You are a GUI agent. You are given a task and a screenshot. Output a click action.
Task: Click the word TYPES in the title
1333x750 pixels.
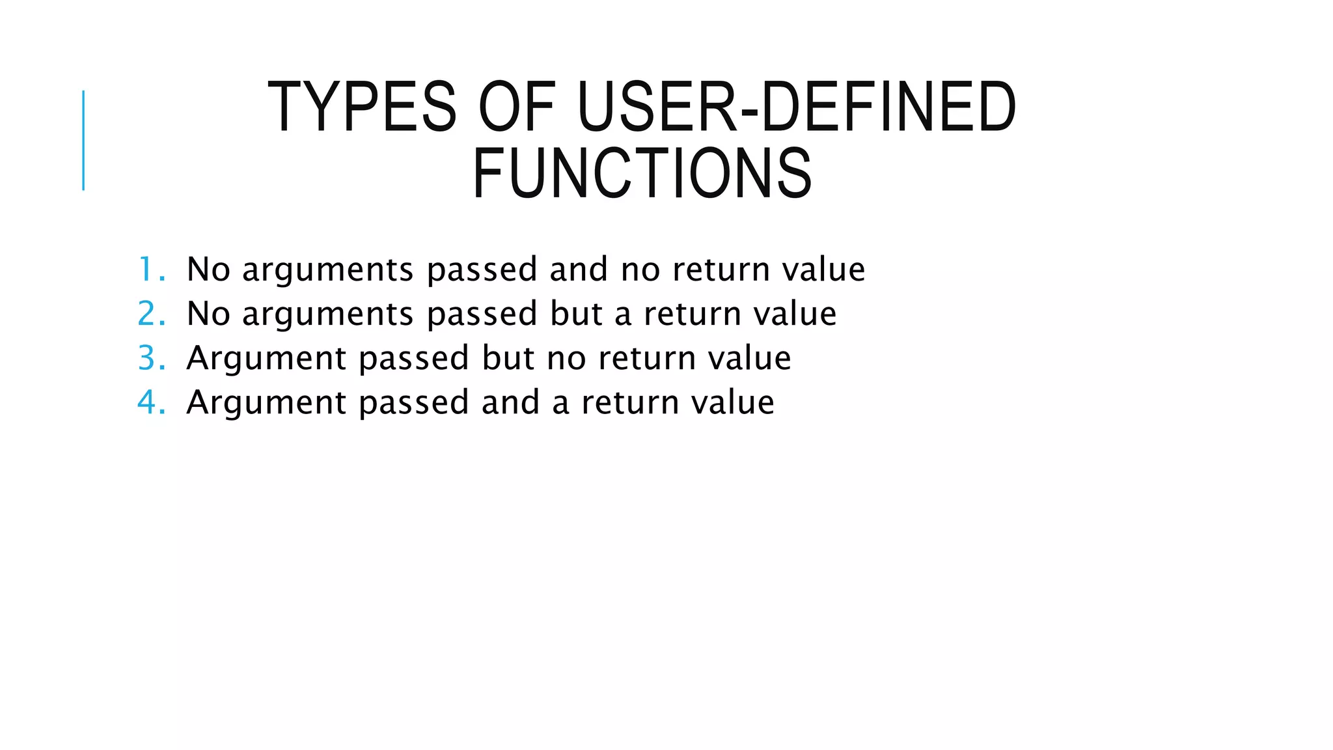[x=362, y=107]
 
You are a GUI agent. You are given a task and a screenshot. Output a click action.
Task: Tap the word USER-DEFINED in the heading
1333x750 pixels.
[x=796, y=107]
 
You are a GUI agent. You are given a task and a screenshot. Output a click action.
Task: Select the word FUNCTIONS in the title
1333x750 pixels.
[x=642, y=173]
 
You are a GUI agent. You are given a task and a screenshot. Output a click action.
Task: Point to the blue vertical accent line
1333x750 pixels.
[x=83, y=140]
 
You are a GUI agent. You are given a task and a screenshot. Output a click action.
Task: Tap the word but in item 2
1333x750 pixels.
[x=576, y=313]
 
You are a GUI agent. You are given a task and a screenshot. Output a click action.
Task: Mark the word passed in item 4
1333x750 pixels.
[x=413, y=402]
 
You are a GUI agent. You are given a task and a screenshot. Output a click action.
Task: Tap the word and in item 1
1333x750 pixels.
[x=579, y=269]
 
